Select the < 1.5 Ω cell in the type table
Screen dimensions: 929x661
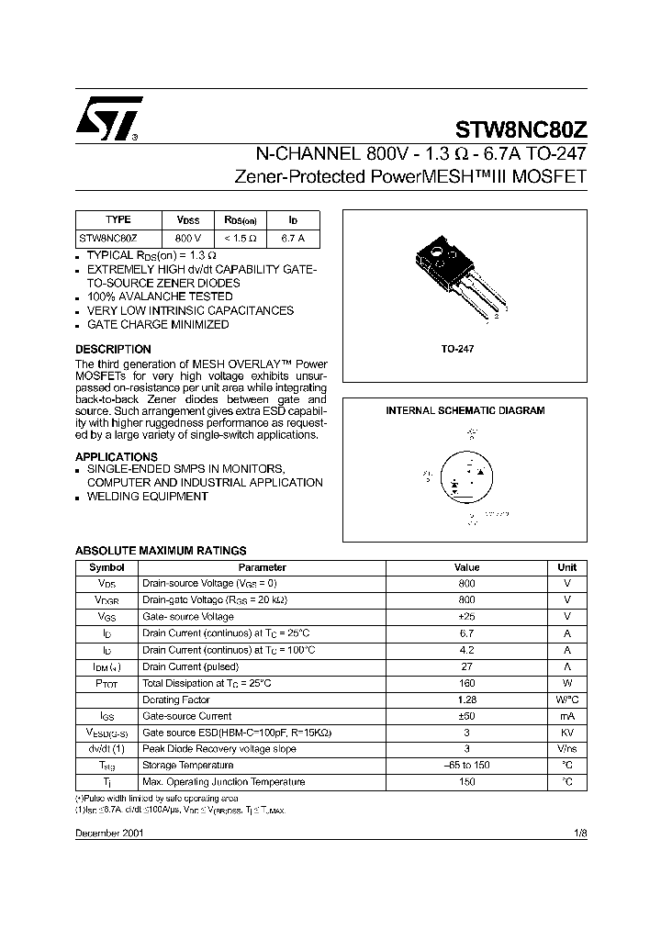(x=241, y=239)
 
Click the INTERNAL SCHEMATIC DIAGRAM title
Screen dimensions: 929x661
(x=465, y=410)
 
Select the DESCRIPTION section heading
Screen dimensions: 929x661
(x=113, y=350)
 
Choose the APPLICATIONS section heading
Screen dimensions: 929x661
(x=117, y=456)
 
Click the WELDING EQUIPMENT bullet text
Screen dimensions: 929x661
(x=147, y=497)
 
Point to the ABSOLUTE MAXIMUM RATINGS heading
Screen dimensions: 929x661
(x=161, y=551)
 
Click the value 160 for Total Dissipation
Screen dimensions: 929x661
(x=466, y=683)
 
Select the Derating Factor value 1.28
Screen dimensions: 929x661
(x=466, y=700)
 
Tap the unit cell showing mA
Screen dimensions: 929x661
(x=567, y=716)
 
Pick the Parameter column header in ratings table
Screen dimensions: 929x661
(x=262, y=567)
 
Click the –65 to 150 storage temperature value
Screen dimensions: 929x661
(x=466, y=766)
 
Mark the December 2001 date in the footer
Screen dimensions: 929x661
(x=108, y=832)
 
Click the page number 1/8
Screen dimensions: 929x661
(x=578, y=832)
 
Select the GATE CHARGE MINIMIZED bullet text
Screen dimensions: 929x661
(x=158, y=325)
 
